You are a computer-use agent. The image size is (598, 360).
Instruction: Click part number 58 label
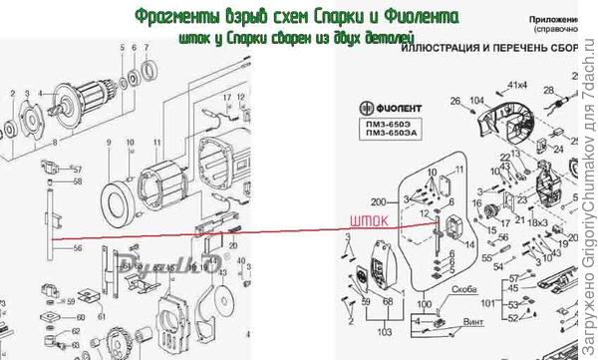(x=78, y=182)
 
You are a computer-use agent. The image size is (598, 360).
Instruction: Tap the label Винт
(x=458, y=322)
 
